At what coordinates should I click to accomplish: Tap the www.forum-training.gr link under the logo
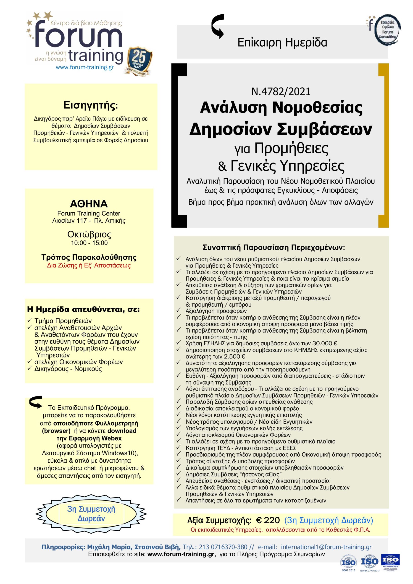85,67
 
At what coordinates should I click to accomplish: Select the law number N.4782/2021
281,91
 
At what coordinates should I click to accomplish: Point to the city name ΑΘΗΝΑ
89,204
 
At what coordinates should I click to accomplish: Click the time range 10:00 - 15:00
89,243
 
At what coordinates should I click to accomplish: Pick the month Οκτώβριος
89,234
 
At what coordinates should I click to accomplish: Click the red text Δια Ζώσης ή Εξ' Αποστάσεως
89,266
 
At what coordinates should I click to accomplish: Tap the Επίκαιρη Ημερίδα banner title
282,42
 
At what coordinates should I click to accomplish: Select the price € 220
268,520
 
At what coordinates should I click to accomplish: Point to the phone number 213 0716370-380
223,547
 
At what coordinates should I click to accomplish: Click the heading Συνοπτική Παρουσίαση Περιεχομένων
274,248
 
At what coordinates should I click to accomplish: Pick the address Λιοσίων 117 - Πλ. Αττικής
89,221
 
